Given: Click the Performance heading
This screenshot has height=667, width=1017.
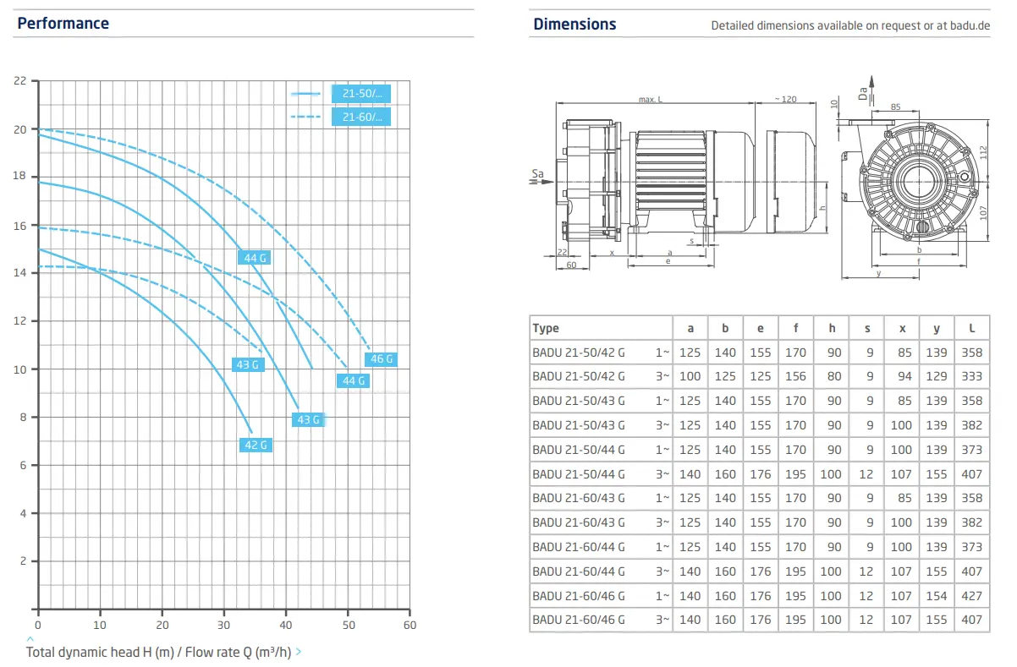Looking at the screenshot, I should point(63,24).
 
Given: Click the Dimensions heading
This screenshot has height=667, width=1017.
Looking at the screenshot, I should point(574,25).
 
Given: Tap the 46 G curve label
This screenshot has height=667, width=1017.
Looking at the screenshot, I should point(382,359).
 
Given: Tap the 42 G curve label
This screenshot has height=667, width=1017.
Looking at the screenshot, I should point(256,445).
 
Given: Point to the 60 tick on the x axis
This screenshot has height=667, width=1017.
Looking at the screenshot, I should point(410,625).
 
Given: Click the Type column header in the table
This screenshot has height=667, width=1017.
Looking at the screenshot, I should point(546,328).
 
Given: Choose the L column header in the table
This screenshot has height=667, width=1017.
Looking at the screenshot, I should point(972,328).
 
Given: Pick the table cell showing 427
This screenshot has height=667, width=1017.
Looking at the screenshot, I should point(972,595).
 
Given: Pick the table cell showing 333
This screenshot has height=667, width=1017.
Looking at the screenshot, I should point(972,376).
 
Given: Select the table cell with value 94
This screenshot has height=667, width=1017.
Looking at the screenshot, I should point(902,376).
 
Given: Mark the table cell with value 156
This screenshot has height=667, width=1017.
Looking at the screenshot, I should point(795,376).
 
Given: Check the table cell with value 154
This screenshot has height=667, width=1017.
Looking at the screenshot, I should point(937,595).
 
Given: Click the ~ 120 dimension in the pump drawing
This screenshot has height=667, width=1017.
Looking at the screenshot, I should point(785,100).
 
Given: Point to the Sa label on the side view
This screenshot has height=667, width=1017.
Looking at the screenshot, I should point(537,174).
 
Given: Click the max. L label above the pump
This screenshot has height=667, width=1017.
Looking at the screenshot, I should point(651,100).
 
